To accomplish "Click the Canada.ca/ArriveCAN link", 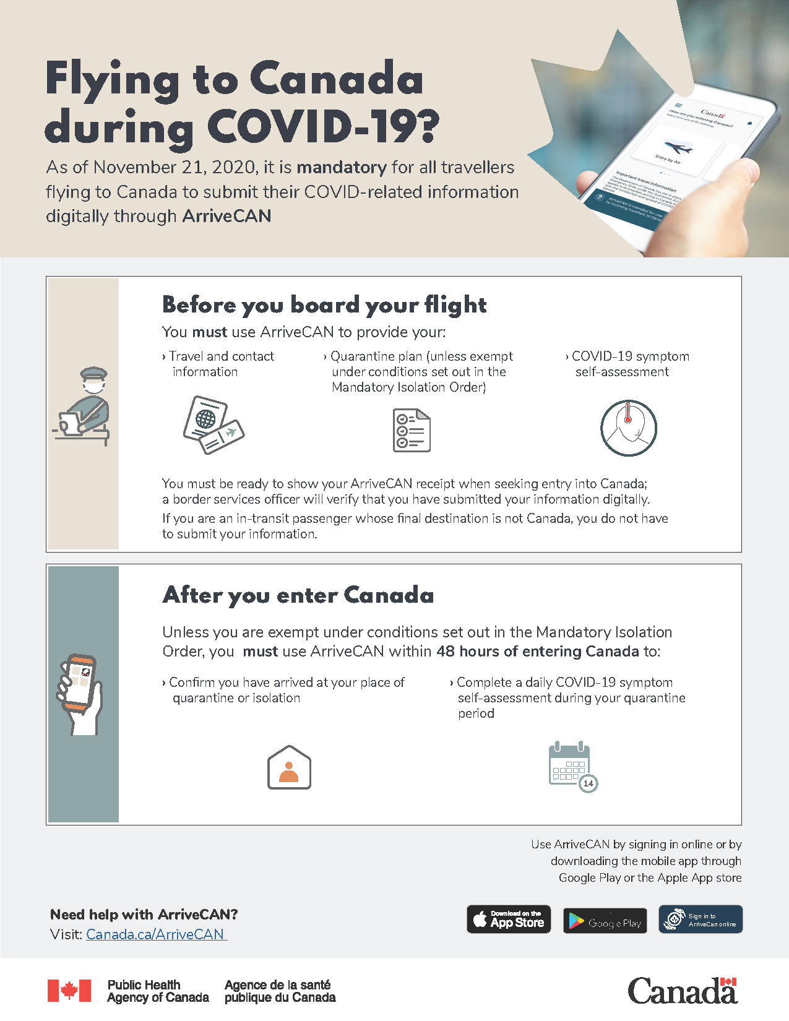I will (155, 934).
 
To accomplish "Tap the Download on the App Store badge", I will (509, 920).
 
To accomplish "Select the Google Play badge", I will (605, 921).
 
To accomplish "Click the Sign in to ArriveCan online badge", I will (701, 920).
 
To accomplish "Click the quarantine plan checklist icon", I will (412, 430).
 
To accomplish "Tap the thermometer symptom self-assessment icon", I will (628, 428).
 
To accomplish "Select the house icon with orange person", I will (289, 768).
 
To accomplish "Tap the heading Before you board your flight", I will (324, 305).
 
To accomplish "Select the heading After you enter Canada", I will (298, 595).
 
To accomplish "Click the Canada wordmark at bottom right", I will (683, 991).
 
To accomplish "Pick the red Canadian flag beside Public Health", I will (69, 991).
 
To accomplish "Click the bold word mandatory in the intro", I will (342, 168).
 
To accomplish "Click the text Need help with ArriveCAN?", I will (144, 915).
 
